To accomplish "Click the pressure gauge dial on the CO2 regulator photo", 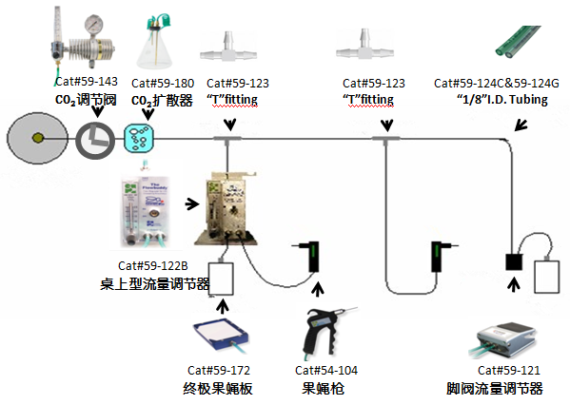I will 88,18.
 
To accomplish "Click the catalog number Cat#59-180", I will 164,84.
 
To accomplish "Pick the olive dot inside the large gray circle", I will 37,139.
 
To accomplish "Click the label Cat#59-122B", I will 152,265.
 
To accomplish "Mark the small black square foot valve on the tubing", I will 516,259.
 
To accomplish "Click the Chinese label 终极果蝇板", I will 219,388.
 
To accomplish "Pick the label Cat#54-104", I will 326,370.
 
